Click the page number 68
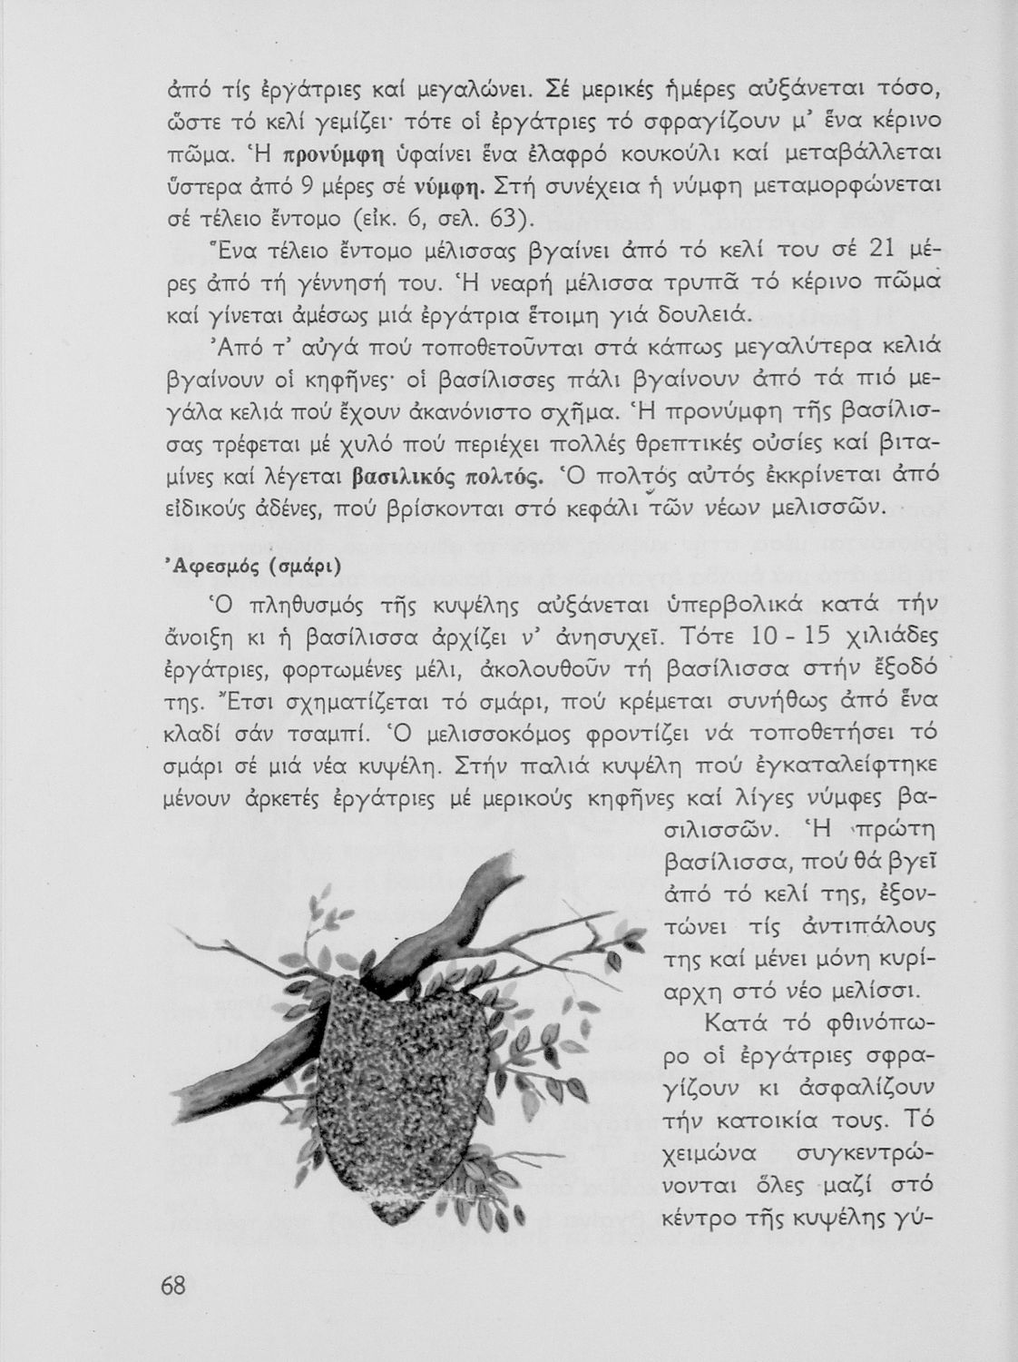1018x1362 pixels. (173, 1286)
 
